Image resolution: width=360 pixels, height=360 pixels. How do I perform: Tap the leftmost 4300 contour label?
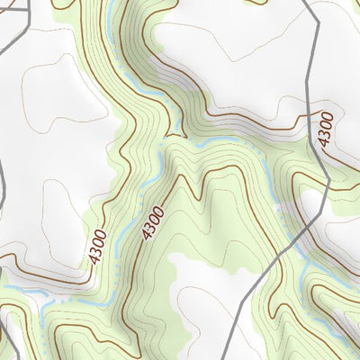[99, 246]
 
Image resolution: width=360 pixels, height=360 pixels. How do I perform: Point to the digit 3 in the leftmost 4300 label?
[97, 249]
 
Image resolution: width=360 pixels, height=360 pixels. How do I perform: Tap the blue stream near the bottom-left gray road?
[36, 292]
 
